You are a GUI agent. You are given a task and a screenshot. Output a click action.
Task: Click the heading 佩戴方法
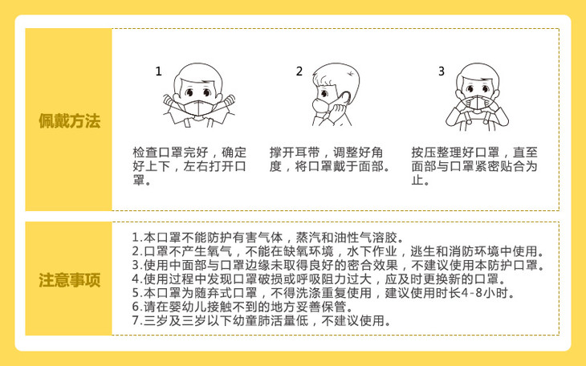coord(70,120)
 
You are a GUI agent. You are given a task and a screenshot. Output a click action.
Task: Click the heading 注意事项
coord(70,280)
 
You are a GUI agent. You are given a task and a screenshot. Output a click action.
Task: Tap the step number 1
coord(158,71)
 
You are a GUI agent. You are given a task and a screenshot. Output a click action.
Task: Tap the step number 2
coord(299,71)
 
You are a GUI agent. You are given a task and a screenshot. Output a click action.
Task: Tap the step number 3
coord(442,71)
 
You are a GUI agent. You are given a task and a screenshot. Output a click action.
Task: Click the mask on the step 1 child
coord(198,108)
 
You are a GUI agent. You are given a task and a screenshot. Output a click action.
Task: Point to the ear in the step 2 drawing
coord(344,97)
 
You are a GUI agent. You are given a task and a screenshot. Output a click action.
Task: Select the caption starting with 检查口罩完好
coord(189,166)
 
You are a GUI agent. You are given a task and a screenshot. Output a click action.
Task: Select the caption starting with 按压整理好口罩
coord(474,166)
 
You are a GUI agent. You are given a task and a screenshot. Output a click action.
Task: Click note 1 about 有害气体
coord(268,238)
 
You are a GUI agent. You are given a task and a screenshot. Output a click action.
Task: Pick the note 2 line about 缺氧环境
coord(338,251)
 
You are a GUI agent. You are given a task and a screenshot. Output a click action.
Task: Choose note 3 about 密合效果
coord(338,265)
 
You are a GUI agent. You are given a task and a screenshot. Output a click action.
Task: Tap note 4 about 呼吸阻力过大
coord(319,279)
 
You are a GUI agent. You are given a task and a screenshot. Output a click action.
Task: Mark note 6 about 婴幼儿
coord(243,307)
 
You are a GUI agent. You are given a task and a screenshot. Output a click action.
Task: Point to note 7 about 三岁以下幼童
coord(262,320)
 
